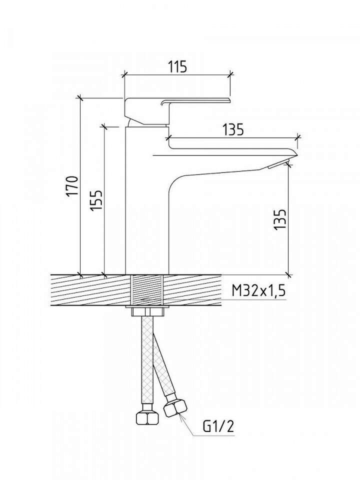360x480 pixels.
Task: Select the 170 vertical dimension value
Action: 72,186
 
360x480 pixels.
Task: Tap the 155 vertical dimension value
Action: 96,200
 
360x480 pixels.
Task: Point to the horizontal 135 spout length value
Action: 233,129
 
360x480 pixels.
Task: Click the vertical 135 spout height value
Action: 280,219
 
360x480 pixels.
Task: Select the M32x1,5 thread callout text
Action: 258,290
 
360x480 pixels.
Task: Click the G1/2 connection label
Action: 218,426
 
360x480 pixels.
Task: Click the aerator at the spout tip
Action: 278,164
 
